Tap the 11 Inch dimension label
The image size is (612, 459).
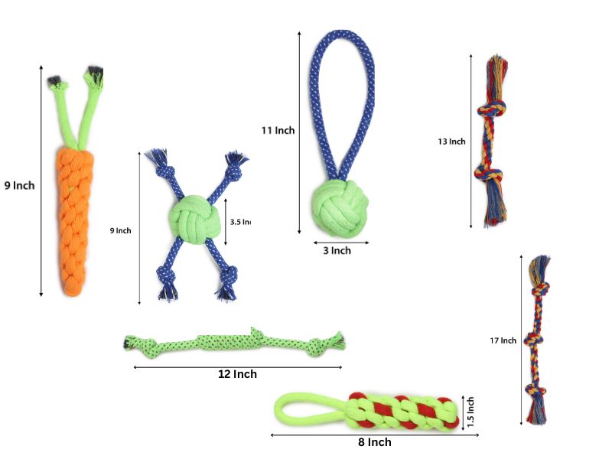277,131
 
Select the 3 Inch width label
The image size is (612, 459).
336,251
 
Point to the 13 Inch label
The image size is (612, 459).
451,142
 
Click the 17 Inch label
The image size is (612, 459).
503,340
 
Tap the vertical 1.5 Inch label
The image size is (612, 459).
471,412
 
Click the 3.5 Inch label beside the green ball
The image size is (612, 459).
240,222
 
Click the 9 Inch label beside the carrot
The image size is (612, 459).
19,185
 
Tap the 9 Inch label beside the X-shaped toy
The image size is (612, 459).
120,230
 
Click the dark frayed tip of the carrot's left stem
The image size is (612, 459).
54,81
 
